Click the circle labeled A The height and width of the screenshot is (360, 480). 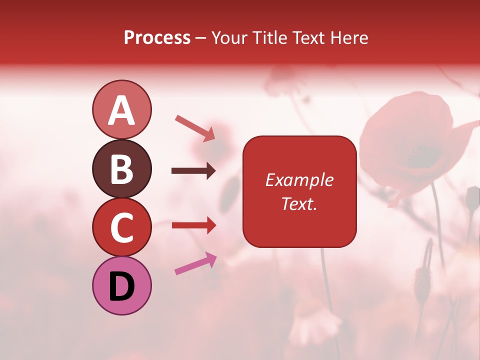121,109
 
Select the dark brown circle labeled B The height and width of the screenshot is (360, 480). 121,168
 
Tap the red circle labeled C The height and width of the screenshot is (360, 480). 121,227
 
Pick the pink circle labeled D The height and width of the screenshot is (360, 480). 121,286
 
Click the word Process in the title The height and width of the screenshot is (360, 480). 157,38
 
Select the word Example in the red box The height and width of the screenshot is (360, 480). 299,180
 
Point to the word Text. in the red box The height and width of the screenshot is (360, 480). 299,203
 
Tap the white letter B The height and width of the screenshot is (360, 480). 121,168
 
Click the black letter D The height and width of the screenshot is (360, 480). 121,286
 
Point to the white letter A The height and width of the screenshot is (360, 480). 121,110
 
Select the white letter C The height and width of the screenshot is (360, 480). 121,227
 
